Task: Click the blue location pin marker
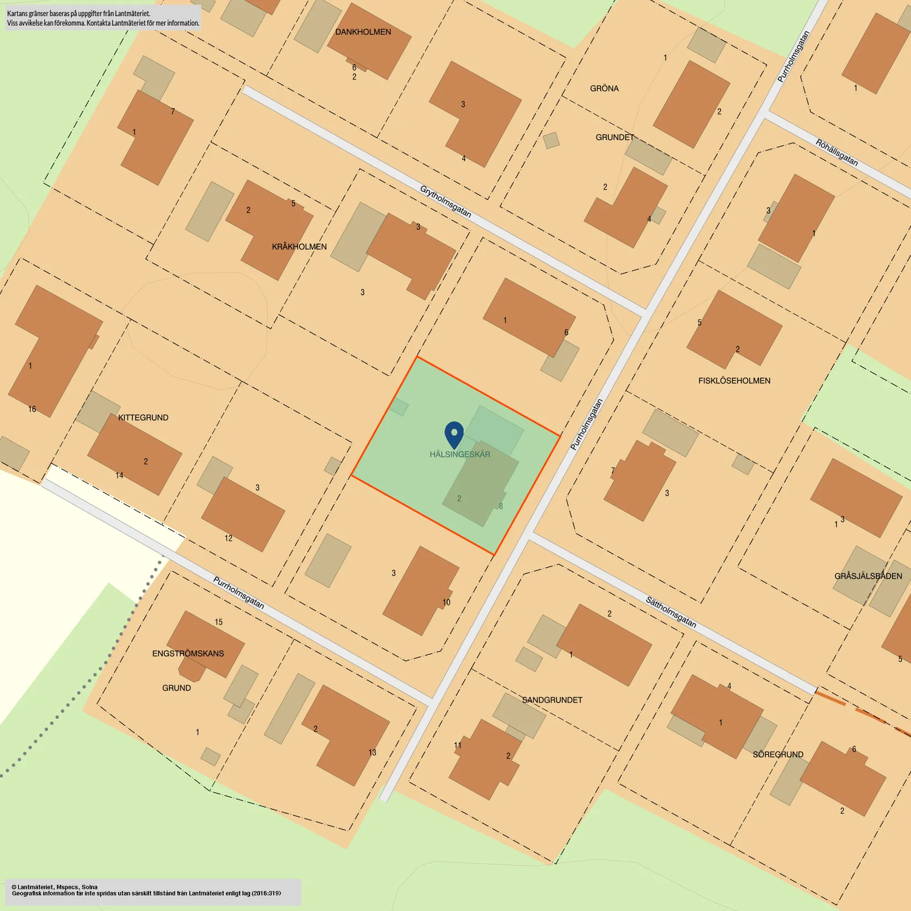[x=454, y=433]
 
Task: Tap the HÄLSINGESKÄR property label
[x=460, y=454]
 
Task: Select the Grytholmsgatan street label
[x=446, y=202]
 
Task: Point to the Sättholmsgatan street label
[x=671, y=612]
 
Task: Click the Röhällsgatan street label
[x=836, y=152]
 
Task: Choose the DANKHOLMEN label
[x=363, y=32]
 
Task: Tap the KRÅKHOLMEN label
[x=299, y=247]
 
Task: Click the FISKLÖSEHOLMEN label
[x=734, y=381]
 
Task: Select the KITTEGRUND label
[x=143, y=418]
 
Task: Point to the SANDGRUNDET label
[x=552, y=700]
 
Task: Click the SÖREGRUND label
[x=778, y=755]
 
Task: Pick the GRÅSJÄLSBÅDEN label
[x=868, y=576]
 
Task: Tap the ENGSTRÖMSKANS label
[x=188, y=654]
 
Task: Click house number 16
[x=32, y=409]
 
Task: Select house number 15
[x=219, y=622]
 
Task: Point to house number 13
[x=372, y=753]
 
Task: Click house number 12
[x=229, y=538]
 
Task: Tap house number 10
[x=446, y=602]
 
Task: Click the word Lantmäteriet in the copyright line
[x=35, y=887]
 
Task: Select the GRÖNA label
[x=604, y=88]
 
